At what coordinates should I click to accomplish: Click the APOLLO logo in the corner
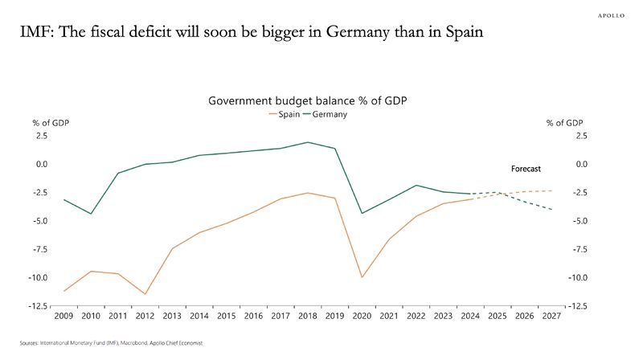point(616,14)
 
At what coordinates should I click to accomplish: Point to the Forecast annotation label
point(526,170)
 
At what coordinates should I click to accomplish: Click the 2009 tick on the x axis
point(63,316)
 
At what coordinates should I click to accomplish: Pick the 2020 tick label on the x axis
point(362,316)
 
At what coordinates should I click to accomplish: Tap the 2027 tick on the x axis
point(552,316)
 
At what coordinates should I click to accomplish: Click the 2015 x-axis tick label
point(227,316)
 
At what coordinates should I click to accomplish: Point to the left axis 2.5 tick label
point(40,137)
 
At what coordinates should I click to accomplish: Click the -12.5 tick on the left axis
point(36,306)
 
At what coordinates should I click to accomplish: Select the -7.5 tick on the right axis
point(579,249)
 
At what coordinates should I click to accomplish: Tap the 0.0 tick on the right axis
point(580,165)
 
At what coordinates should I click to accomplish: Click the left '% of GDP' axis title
point(50,123)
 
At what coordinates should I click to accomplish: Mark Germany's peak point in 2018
point(308,142)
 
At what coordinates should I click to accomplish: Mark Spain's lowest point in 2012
point(145,294)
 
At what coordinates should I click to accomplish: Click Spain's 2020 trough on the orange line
point(362,277)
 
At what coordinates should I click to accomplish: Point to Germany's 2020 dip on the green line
point(362,213)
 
